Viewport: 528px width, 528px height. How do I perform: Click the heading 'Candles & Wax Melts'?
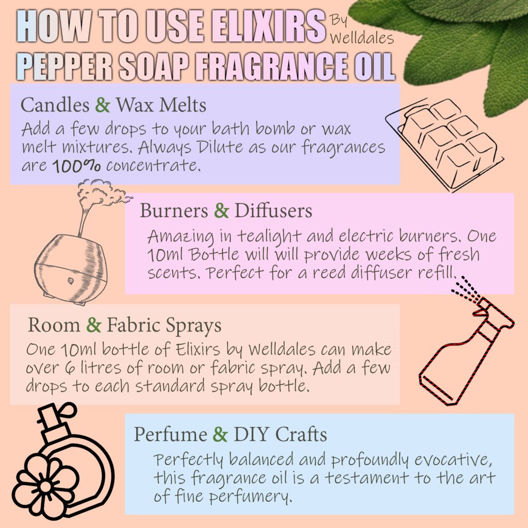(x=113, y=105)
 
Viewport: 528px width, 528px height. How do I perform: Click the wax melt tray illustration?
(x=444, y=142)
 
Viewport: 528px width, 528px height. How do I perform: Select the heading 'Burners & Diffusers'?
(x=226, y=211)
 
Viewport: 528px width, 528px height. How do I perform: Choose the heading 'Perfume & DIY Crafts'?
(x=230, y=434)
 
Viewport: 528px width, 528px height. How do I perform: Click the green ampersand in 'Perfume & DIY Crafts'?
(x=220, y=434)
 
